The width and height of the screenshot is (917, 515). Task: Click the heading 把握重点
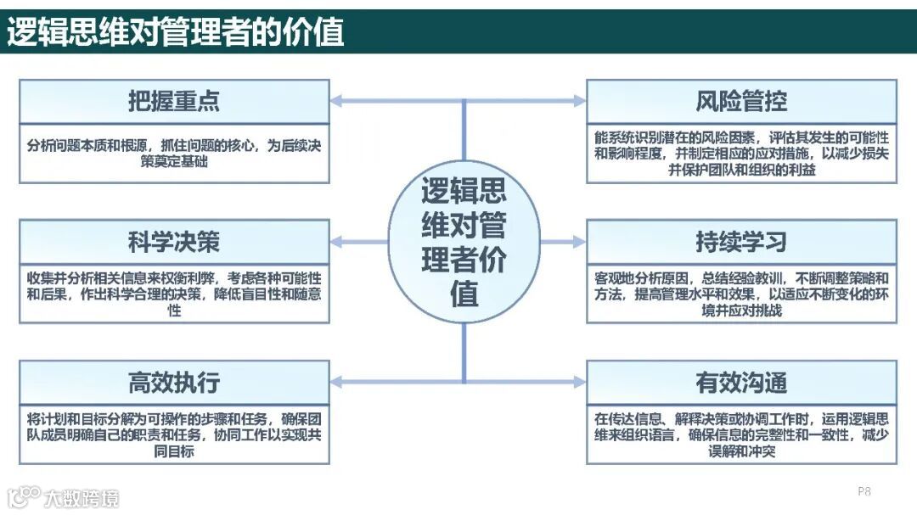click(174, 101)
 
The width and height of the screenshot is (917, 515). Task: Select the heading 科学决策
click(174, 242)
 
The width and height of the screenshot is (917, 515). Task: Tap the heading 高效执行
click(174, 383)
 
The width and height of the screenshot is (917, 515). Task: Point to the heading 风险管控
click(741, 101)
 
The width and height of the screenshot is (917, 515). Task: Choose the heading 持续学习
click(741, 242)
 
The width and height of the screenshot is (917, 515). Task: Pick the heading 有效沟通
click(741, 383)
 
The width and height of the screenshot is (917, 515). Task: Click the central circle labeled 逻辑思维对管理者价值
click(464, 242)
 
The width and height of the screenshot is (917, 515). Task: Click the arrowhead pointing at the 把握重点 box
click(336, 101)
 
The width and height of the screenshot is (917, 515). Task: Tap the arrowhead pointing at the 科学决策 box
click(336, 242)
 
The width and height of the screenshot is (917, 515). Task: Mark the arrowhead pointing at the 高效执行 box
click(336, 383)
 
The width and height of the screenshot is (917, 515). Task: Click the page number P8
click(864, 491)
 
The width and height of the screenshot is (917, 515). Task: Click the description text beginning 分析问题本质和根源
click(174, 153)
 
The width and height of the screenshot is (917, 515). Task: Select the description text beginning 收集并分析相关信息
click(174, 294)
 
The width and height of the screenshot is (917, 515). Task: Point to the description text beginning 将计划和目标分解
click(174, 434)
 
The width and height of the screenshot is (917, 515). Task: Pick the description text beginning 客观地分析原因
click(741, 294)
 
